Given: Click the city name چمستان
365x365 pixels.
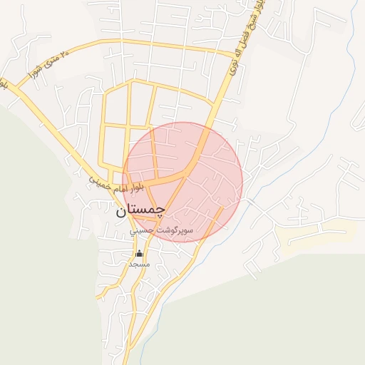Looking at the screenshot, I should point(140,210).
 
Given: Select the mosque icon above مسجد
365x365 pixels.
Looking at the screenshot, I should point(139,254).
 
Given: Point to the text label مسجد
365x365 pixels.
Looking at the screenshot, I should point(139,264).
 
